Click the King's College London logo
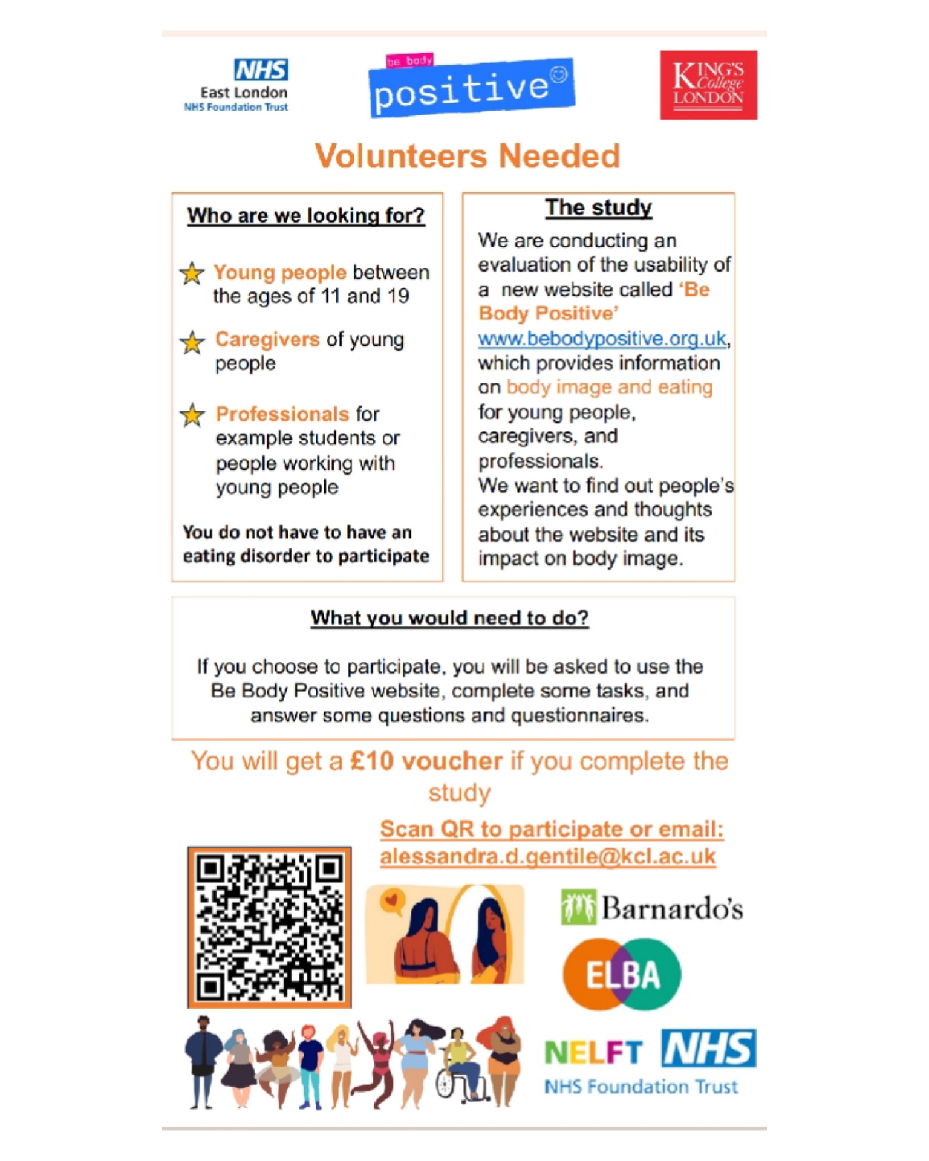(708, 85)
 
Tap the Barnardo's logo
(652, 908)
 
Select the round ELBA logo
(622, 974)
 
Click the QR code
(269, 927)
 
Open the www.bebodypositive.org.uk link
(602, 339)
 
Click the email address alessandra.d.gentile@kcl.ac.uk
(547, 856)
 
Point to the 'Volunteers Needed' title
(467, 156)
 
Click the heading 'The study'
(598, 207)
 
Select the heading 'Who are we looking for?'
(306, 215)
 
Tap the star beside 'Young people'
(192, 273)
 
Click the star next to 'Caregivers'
(192, 342)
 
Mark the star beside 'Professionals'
(192, 415)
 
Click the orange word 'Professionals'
(282, 414)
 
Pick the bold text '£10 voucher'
(426, 761)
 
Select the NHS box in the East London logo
(261, 70)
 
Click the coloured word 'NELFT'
(593, 1053)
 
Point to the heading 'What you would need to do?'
(449, 618)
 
